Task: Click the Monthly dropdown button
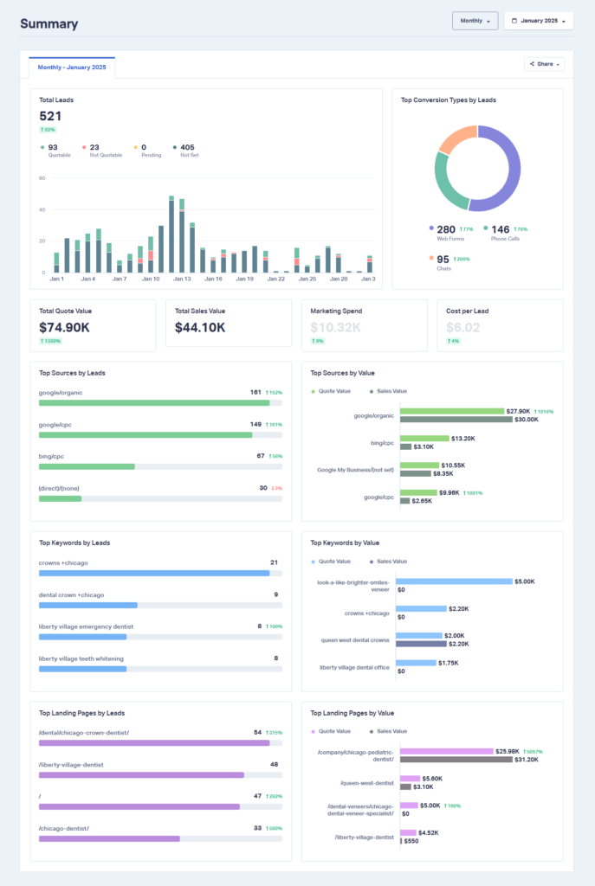point(475,21)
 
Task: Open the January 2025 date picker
point(538,21)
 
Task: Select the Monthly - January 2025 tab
point(72,67)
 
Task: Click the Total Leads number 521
point(50,116)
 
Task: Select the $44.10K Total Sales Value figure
point(200,328)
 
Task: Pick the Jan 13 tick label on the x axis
point(182,279)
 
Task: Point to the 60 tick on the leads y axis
point(42,178)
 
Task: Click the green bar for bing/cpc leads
point(87,466)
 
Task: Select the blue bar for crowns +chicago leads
point(154,573)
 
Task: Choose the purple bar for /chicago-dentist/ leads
point(109,838)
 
